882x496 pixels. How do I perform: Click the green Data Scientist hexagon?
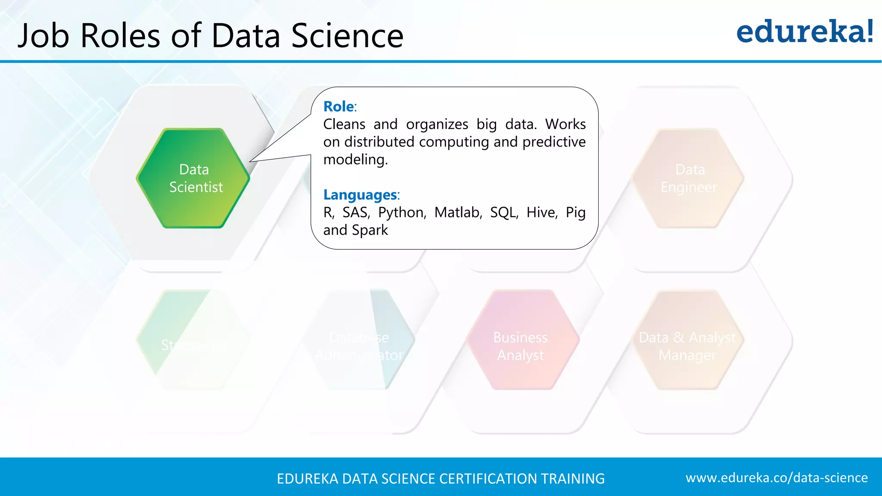193,178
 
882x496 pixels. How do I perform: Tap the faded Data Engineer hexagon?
688,178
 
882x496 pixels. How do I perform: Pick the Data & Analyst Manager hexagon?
688,340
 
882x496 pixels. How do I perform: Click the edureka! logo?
805,32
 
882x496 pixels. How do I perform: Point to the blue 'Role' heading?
339,106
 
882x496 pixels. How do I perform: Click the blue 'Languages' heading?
360,195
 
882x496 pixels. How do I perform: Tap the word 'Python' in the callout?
402,212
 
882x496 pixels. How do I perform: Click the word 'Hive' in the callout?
542,212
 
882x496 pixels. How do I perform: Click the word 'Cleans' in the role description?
344,124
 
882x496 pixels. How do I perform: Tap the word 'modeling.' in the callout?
355,160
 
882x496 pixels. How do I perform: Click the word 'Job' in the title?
43,36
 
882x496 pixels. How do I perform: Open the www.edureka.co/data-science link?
776,478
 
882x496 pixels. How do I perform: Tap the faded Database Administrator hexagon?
359,340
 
